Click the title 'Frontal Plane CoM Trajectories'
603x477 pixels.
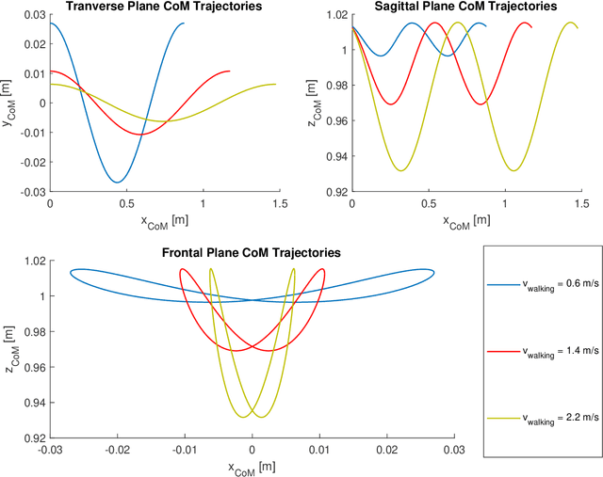tap(252, 253)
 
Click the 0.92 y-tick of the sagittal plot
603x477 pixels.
tap(334, 192)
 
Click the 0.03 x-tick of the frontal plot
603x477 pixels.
tap(454, 450)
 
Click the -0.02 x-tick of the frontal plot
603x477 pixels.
tap(116, 450)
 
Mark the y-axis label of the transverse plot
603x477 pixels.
tap(8, 104)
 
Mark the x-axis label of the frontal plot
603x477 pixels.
tap(252, 467)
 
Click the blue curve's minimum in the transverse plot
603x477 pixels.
tap(117, 183)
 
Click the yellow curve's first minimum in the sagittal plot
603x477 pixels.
tap(402, 170)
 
